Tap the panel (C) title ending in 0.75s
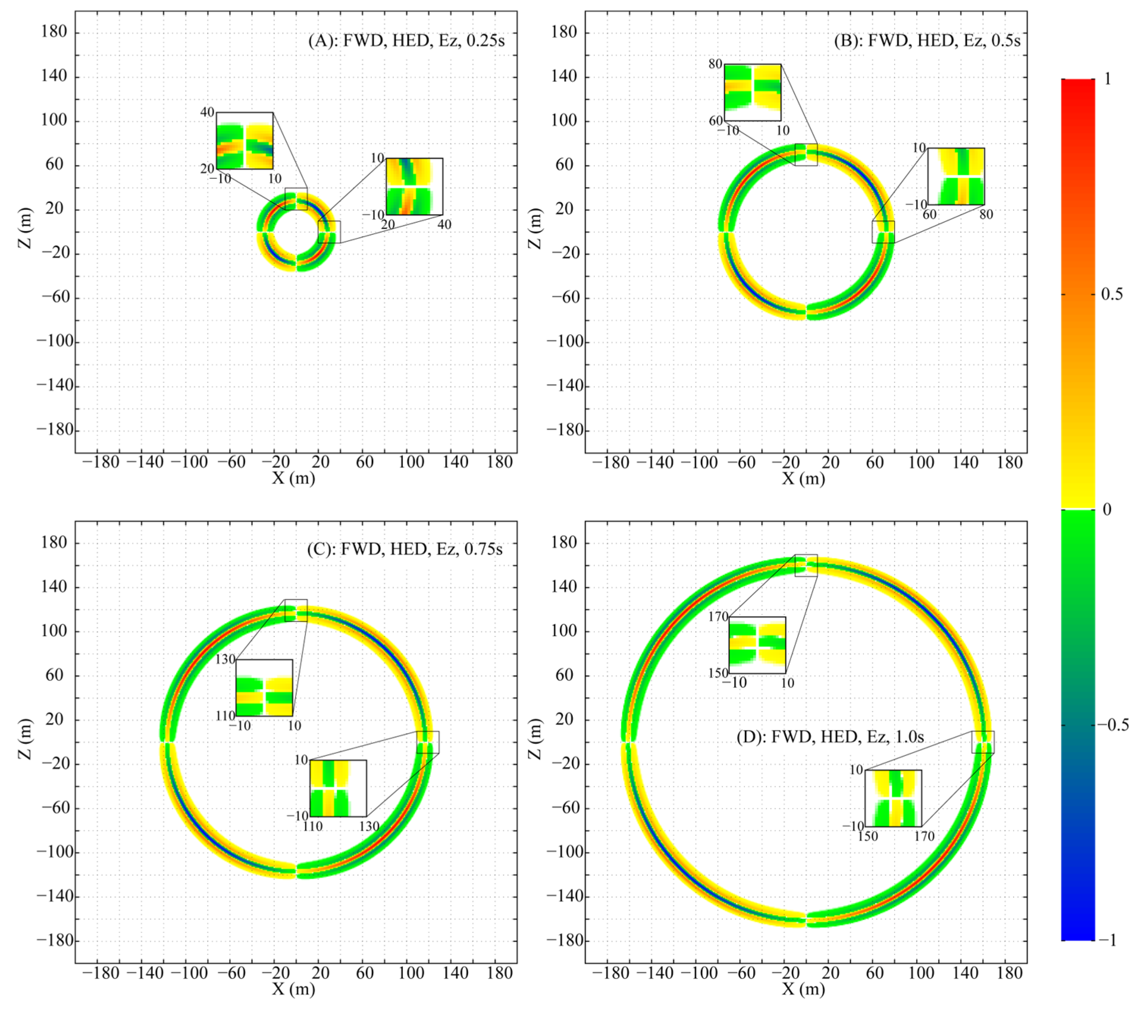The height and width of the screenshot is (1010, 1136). click(404, 549)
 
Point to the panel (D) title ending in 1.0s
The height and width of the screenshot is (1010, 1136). click(830, 737)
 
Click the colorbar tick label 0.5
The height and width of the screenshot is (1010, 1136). click(1111, 294)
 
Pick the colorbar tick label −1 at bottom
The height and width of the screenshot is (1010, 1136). click(1108, 940)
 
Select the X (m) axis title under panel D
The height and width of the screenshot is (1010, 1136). click(804, 988)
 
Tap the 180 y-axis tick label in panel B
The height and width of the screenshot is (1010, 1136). click(564, 32)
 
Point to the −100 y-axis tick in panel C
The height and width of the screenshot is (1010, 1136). click(55, 852)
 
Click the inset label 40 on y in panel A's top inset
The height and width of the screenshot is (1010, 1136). click(207, 112)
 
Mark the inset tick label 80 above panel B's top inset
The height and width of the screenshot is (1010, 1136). click(715, 64)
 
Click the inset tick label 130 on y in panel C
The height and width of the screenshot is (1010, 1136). click(225, 660)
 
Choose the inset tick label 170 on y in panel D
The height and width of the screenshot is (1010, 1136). click(718, 617)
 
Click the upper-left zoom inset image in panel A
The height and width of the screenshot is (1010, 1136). click(244, 141)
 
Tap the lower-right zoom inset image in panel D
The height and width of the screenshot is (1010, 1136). click(893, 798)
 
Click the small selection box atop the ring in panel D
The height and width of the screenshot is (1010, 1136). click(806, 565)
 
